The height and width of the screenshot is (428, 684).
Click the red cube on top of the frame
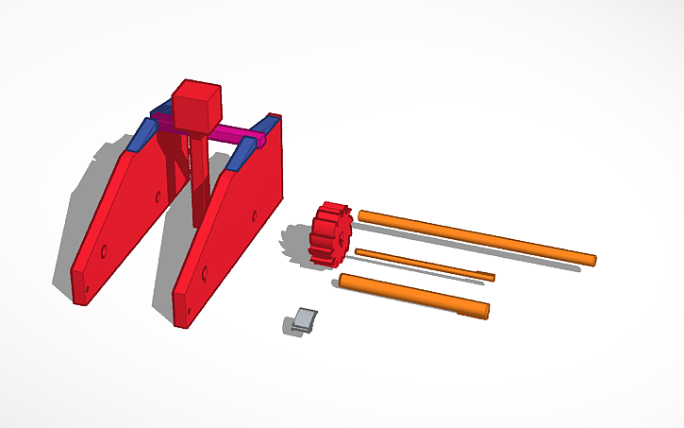pyautogui.click(x=195, y=106)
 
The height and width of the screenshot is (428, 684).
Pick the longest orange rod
pyautogui.click(x=476, y=236)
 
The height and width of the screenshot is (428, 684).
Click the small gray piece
pyautogui.click(x=304, y=319)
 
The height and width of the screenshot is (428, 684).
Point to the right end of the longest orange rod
pyautogui.click(x=592, y=258)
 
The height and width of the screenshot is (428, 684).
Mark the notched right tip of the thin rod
pyautogui.click(x=489, y=276)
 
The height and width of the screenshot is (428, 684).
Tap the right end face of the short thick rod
pyautogui.click(x=486, y=310)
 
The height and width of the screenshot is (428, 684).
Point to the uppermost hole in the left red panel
pyautogui.click(x=157, y=197)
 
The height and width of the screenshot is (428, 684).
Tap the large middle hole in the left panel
pyautogui.click(x=105, y=251)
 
